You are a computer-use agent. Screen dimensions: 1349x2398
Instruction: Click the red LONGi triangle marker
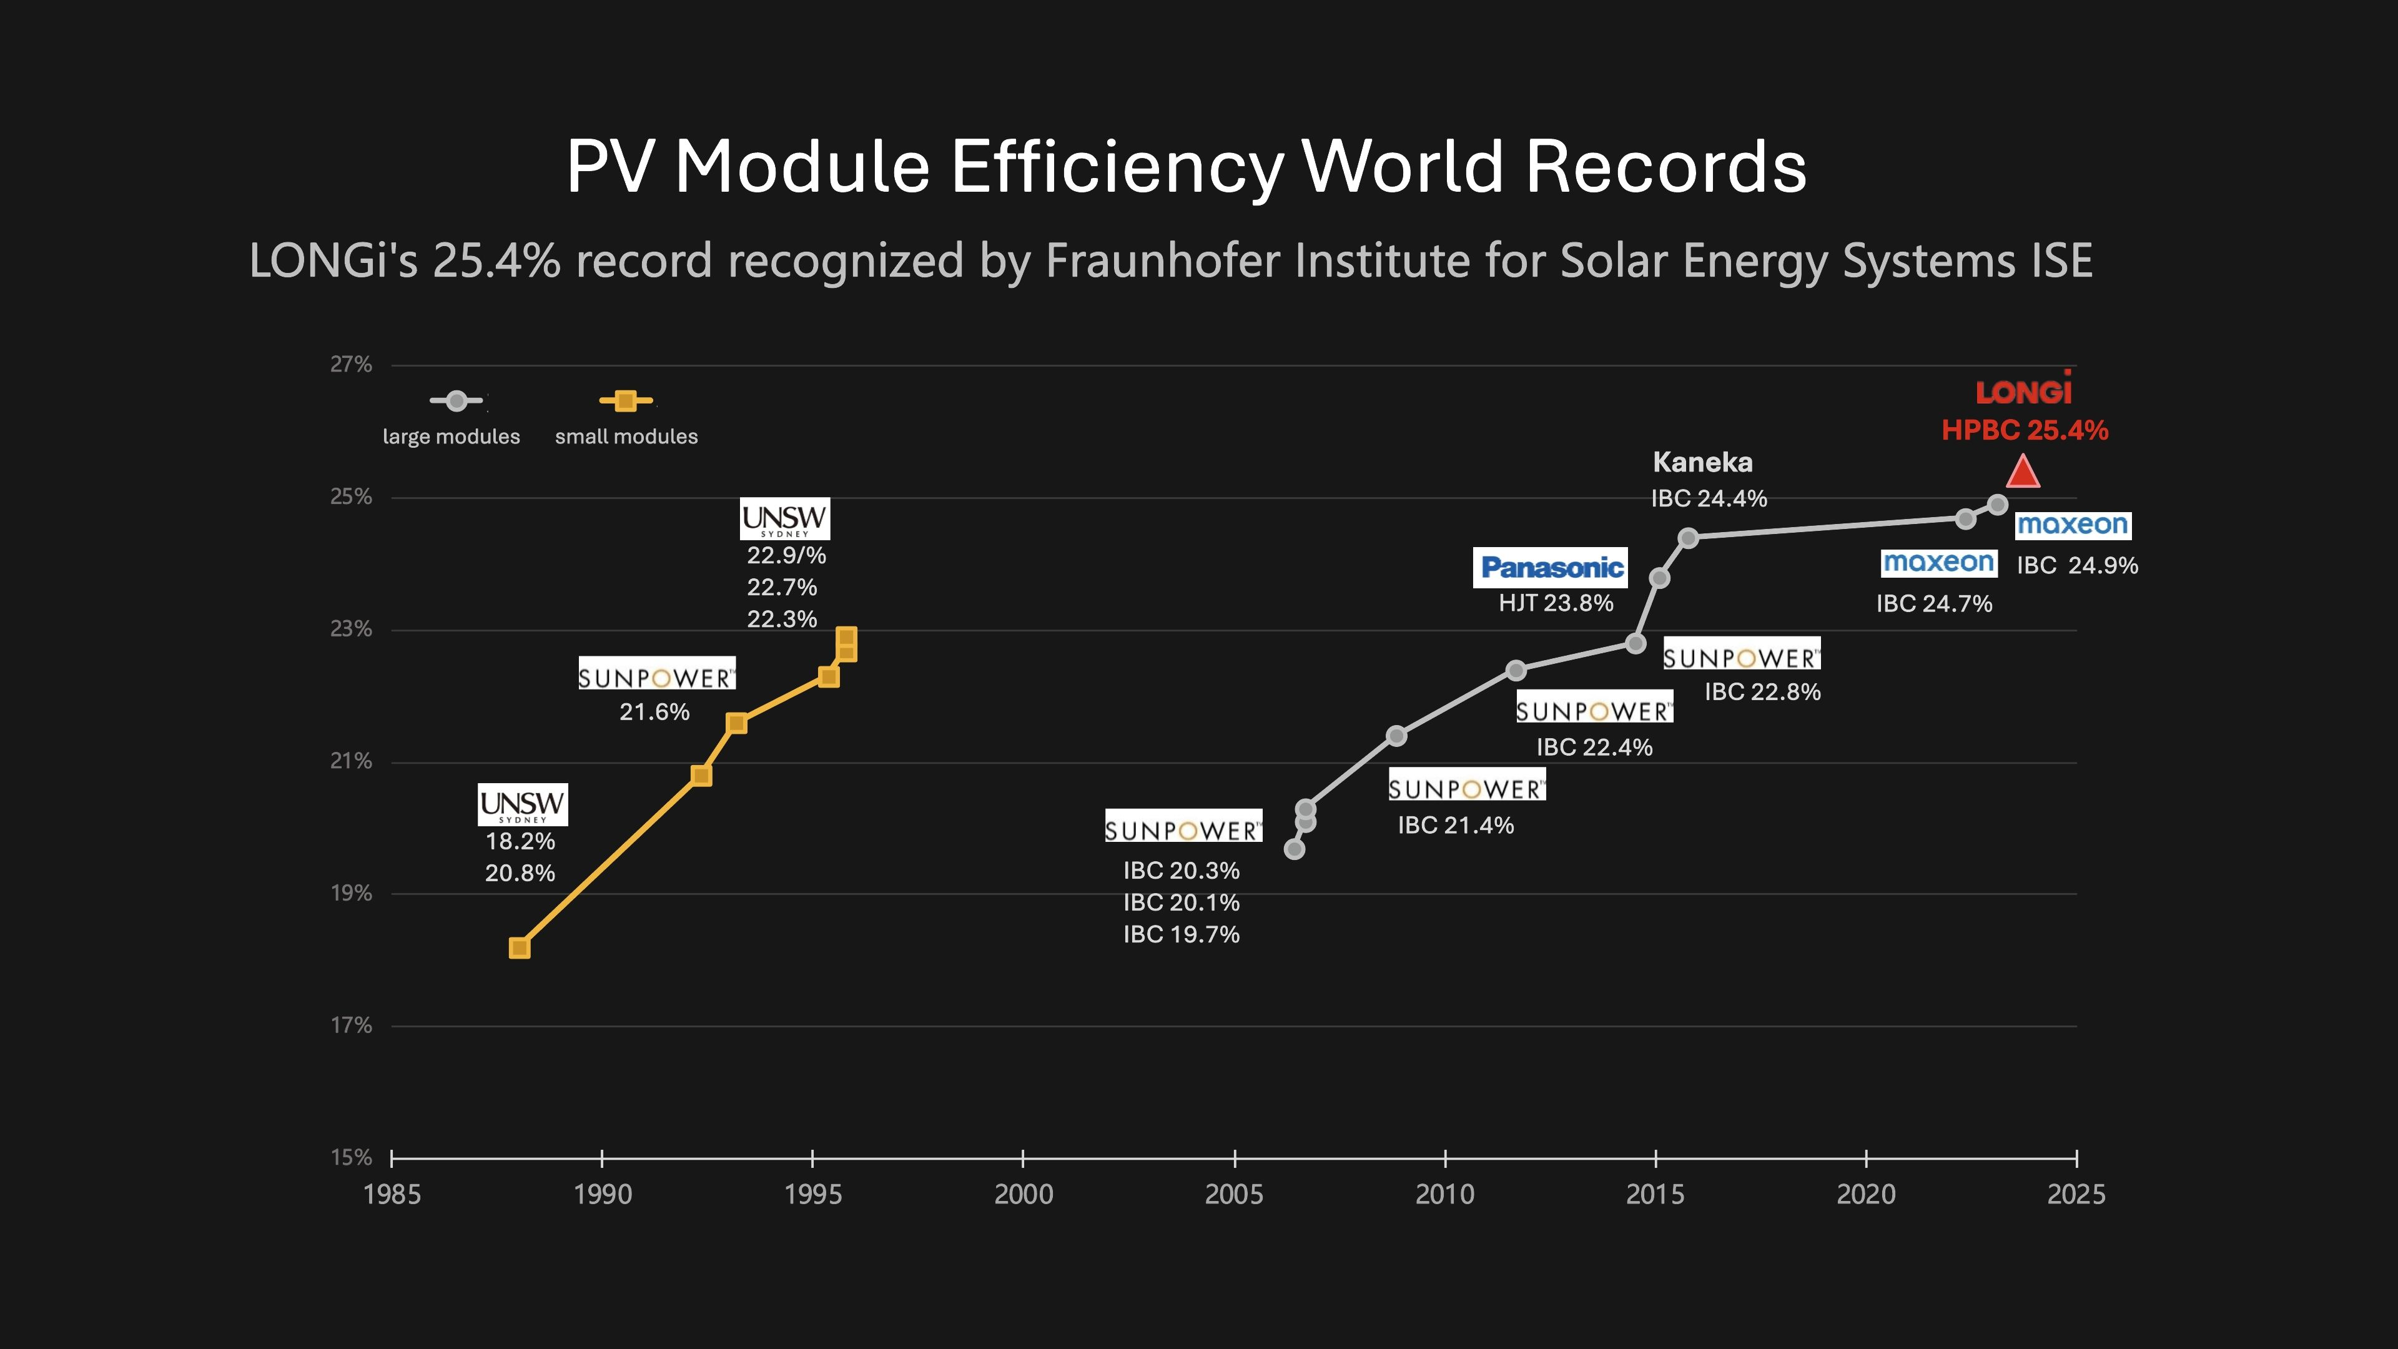tap(2023, 473)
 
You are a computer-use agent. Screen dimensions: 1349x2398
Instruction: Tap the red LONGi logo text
tap(2024, 391)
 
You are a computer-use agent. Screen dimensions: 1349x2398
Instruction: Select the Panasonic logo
tap(1551, 567)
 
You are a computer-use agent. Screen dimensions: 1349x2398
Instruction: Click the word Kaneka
tap(1702, 462)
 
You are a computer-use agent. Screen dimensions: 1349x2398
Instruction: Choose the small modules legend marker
tap(626, 401)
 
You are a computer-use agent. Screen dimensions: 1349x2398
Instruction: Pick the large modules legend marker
tap(456, 401)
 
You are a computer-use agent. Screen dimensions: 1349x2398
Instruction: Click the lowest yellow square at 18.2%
tap(520, 948)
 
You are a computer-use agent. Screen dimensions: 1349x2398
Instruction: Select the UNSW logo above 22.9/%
tap(785, 518)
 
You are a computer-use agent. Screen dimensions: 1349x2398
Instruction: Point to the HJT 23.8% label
tap(1556, 603)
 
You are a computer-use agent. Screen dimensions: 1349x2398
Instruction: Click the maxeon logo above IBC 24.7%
tap(1938, 562)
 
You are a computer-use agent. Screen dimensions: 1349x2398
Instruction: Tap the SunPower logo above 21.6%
tap(656, 677)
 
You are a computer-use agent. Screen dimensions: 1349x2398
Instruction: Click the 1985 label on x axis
tap(392, 1195)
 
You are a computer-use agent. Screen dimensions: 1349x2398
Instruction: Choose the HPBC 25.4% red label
tap(2024, 430)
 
